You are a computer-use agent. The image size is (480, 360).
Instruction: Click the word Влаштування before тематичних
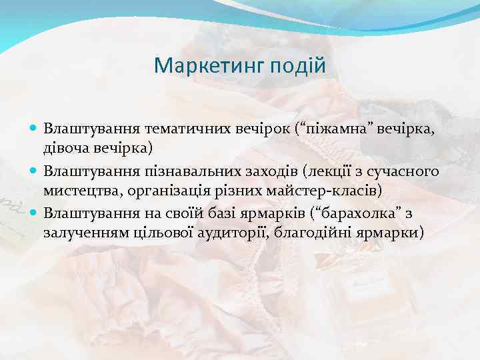pos(85,128)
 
